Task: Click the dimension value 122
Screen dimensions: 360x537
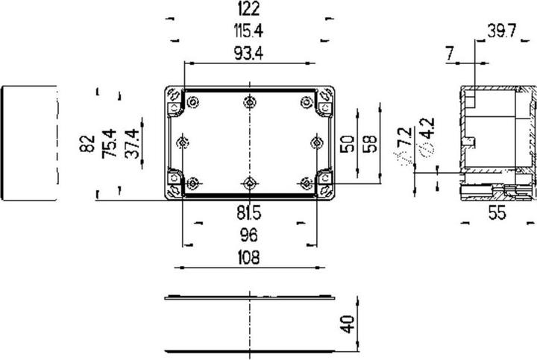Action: coord(249,9)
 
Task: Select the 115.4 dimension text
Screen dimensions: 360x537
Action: coord(249,31)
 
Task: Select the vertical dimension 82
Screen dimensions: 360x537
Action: coord(87,144)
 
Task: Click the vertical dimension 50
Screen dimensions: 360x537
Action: coord(347,144)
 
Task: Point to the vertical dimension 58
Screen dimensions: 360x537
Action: coord(369,144)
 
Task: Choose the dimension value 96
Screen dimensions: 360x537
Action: coord(249,236)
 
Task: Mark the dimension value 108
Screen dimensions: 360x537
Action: coord(249,258)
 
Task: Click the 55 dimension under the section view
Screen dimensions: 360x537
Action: coord(496,213)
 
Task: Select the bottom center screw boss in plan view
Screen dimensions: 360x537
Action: coord(249,183)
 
